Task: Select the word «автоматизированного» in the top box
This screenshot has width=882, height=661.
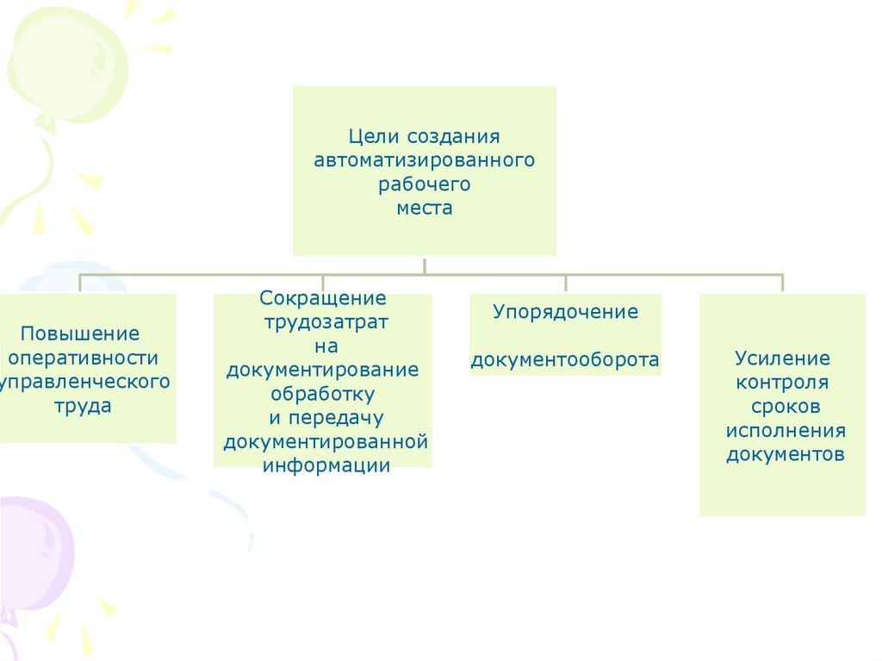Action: [425, 160]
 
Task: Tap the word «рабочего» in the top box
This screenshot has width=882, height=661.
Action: [425, 184]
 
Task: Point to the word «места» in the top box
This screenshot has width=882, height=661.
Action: [425, 208]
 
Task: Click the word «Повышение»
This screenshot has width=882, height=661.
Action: [80, 334]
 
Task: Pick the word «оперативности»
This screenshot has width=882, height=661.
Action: [82, 358]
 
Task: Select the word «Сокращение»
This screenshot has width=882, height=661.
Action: [323, 299]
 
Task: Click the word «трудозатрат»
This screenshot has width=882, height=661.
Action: [323, 322]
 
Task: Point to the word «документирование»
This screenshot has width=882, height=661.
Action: [323, 371]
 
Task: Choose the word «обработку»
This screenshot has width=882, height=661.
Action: [323, 394]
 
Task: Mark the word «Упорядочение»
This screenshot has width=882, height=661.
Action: [566, 312]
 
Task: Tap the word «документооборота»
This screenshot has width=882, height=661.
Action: [566, 360]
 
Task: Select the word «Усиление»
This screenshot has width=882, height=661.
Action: [782, 358]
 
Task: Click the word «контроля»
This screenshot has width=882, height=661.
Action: [782, 382]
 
